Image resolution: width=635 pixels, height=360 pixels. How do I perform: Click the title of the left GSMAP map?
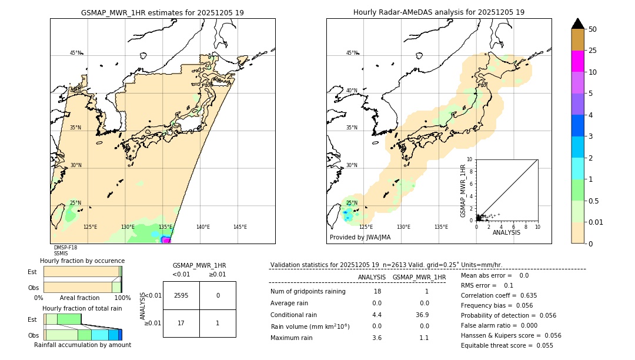[162, 12]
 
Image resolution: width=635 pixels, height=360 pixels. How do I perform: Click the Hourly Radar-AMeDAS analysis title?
[439, 12]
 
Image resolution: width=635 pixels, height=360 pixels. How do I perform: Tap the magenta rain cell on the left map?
[166, 240]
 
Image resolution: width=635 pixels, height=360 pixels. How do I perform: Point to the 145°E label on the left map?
[240, 227]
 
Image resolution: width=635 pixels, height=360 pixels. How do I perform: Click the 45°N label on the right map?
[352, 53]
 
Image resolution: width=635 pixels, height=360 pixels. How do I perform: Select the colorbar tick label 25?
[593, 51]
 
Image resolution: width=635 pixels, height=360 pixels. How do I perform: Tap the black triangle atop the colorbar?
[578, 24]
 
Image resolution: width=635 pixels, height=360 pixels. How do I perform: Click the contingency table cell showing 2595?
[181, 295]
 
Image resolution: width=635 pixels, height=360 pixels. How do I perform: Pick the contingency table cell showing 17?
[181, 323]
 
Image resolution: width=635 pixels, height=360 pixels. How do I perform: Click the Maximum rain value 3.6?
[377, 338]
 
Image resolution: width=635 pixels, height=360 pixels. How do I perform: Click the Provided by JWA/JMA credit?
[360, 238]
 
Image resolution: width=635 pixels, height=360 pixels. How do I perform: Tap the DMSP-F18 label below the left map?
[65, 248]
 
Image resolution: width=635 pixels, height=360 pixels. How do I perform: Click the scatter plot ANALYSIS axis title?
[506, 232]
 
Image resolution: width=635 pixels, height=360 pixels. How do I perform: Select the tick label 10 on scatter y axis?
[470, 159]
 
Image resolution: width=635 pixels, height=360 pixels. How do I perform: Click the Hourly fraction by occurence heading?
[82, 261]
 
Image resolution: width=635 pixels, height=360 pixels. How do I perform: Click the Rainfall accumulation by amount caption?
[82, 345]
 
